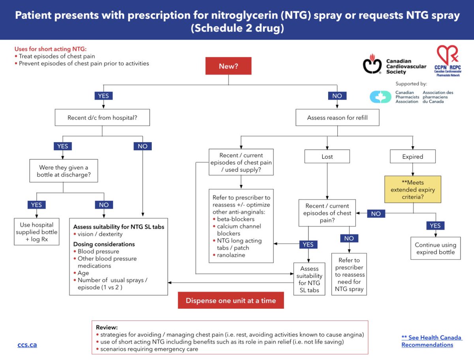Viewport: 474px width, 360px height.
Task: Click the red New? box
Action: pyautogui.click(x=228, y=66)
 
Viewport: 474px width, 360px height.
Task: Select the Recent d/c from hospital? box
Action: pyautogui.click(x=102, y=117)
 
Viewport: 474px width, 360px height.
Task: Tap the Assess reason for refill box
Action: pyautogui.click(x=337, y=117)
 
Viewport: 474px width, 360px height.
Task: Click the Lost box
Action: pyautogui.click(x=327, y=156)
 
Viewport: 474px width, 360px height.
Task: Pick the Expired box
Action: pyautogui.click(x=412, y=156)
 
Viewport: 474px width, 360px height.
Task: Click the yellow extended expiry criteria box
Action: pyautogui.click(x=413, y=189)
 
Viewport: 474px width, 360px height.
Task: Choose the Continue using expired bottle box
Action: pyautogui.click(x=435, y=248)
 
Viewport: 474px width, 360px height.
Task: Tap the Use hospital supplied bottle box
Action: pyautogui.click(x=36, y=232)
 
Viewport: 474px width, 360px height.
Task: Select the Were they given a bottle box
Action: pyautogui.click(x=64, y=171)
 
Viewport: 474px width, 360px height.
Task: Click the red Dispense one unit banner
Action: pyautogui.click(x=231, y=300)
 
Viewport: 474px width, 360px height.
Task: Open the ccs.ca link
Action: pyautogui.click(x=27, y=345)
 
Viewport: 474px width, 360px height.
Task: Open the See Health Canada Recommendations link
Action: pyautogui.click(x=431, y=341)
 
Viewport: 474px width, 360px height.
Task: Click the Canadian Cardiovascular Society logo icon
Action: pyautogui.click(x=372, y=64)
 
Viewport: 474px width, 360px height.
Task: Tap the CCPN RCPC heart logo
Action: pyautogui.click(x=448, y=60)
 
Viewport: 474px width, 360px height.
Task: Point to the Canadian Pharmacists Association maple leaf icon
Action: pyautogui.click(x=380, y=97)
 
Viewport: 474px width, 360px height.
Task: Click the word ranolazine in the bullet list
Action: pyautogui.click(x=231, y=255)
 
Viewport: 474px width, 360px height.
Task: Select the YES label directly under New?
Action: pyautogui.click(x=103, y=96)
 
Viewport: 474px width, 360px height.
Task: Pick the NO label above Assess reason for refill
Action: pyautogui.click(x=337, y=96)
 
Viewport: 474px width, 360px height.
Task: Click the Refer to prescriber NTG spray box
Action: pyautogui.click(x=349, y=274)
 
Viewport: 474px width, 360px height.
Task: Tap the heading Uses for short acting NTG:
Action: pyautogui.click(x=51, y=49)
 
